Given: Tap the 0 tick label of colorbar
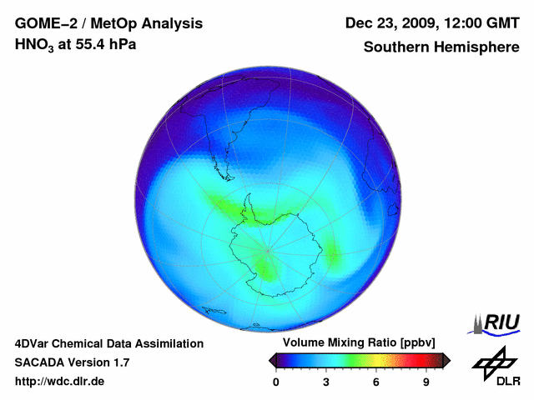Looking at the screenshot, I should point(276,382).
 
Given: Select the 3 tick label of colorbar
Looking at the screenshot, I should point(326,382).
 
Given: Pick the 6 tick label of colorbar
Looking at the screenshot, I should point(376,382).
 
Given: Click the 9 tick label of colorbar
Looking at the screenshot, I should point(426,382).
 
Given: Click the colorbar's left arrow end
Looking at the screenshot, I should point(272,360).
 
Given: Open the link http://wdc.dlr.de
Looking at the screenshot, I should point(60,382).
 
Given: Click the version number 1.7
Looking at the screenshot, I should point(120,362).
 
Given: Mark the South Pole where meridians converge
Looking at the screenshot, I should point(268,249).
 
